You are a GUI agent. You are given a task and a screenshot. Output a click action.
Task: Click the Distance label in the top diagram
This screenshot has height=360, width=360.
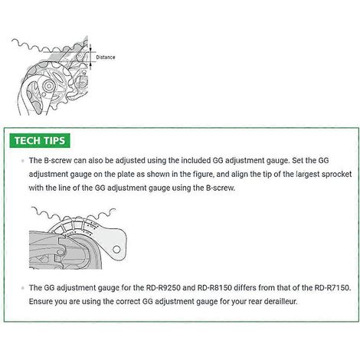coord(106,57)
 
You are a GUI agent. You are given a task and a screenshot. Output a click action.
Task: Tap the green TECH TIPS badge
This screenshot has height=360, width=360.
coord(40,141)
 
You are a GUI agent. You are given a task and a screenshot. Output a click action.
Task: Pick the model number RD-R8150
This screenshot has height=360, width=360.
coord(214,288)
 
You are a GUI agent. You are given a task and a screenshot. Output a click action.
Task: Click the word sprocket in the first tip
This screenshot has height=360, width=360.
coord(336,175)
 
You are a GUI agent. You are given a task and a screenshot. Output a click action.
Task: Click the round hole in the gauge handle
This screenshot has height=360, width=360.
coord(116,250)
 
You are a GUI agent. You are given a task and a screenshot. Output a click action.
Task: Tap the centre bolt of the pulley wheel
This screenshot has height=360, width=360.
coord(48,87)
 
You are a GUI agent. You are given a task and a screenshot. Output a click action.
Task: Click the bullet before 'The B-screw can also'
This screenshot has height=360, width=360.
coord(23,161)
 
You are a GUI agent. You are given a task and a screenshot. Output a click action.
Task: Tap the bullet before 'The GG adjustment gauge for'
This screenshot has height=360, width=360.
coord(23,288)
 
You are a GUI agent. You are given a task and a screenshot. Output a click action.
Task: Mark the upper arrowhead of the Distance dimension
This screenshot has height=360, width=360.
coord(90,47)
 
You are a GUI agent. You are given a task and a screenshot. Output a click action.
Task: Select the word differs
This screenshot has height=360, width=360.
coord(245,288)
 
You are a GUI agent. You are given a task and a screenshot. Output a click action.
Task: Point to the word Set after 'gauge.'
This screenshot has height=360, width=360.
coord(297,161)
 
